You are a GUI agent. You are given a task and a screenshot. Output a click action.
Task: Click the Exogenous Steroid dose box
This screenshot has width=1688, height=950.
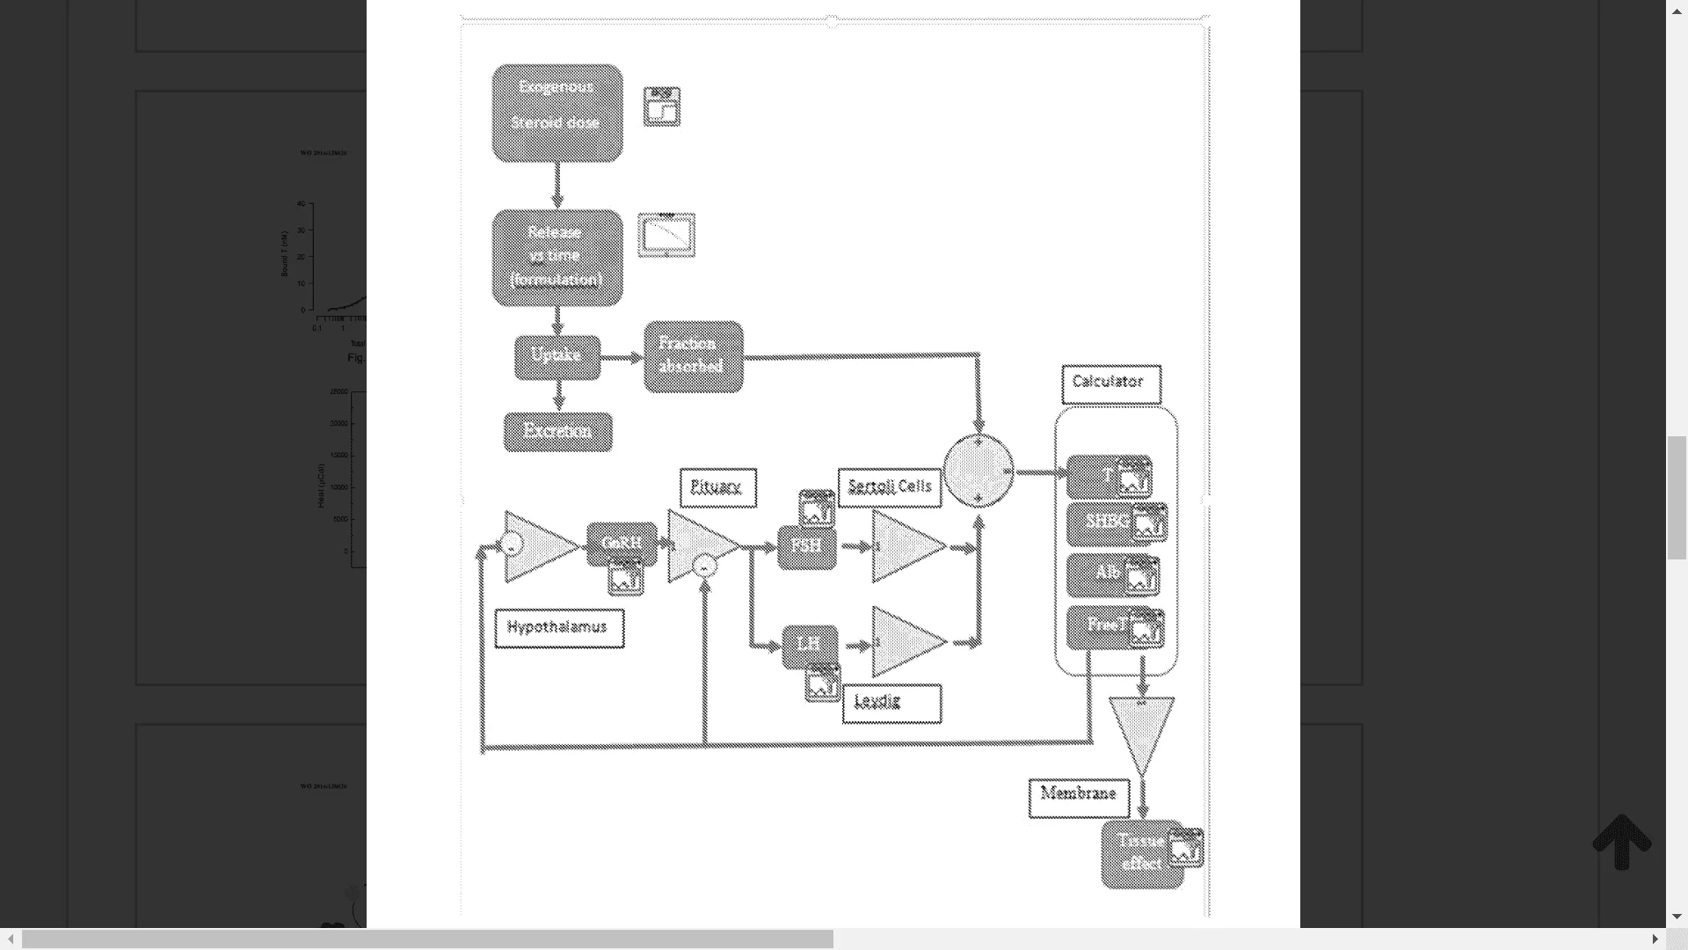(x=557, y=113)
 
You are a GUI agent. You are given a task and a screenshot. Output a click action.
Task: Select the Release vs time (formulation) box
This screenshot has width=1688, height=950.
(x=557, y=258)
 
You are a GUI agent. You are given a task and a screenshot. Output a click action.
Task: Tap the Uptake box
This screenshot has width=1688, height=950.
(x=557, y=356)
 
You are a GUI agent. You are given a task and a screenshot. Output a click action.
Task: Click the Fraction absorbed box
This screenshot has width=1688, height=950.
(x=693, y=356)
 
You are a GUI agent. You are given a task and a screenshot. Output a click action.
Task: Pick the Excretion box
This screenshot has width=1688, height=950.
(x=557, y=432)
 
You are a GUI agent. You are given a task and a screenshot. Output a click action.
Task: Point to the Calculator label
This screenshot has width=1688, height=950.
(x=1110, y=384)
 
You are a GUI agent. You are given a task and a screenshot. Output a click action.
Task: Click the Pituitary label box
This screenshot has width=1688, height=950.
(x=717, y=487)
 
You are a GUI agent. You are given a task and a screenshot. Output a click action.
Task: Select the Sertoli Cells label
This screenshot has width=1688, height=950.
(x=889, y=487)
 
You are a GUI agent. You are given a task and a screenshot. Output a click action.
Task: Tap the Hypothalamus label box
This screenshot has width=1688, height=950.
(x=559, y=628)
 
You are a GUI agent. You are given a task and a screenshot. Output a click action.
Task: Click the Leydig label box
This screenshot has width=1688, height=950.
(x=891, y=703)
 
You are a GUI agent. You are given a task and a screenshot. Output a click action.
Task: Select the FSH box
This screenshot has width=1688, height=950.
(x=805, y=547)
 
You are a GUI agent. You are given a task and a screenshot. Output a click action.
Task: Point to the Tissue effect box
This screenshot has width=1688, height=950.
(x=1140, y=853)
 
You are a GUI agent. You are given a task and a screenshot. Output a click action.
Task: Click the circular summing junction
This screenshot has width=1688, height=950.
(x=979, y=471)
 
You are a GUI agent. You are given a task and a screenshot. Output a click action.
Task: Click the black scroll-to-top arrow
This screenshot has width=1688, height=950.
(x=1622, y=842)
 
